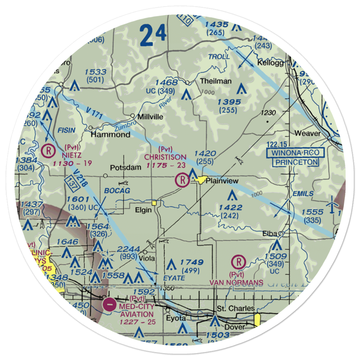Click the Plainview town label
click(222, 181)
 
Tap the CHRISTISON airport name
click(166, 157)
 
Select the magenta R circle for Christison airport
click(183, 180)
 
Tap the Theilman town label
click(216, 81)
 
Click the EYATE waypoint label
click(174, 278)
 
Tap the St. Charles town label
click(236, 309)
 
